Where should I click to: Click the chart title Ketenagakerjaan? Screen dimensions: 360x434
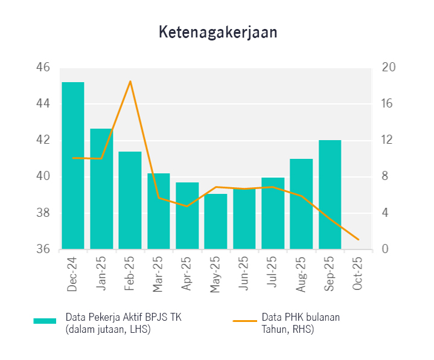click(x=218, y=33)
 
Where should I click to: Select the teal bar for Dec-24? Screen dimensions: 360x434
click(x=73, y=166)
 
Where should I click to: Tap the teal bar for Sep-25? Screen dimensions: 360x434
click(x=330, y=194)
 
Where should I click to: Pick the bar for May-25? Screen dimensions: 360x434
click(x=215, y=221)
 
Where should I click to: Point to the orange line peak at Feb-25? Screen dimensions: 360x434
click(x=130, y=81)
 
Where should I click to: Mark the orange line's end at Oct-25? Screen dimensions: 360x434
click(x=359, y=240)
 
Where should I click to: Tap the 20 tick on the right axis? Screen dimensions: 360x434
click(x=388, y=68)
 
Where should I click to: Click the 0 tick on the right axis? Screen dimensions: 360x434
click(x=385, y=249)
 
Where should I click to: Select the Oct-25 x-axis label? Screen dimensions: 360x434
click(x=358, y=275)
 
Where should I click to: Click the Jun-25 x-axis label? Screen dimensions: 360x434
click(x=244, y=275)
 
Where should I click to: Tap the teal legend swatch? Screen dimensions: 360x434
click(x=45, y=321)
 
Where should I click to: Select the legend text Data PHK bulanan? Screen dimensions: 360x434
click(x=301, y=317)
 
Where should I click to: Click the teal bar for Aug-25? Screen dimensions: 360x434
click(x=301, y=204)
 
